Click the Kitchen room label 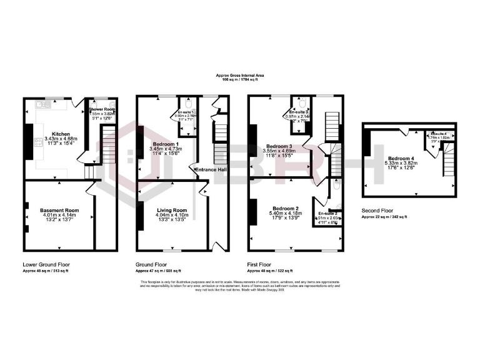pos(61,134)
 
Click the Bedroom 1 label pos(167,144)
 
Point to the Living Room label pos(171,211)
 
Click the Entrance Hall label pos(210,169)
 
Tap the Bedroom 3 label pos(280,146)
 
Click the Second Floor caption pos(379,211)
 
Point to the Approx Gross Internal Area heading pos(240,76)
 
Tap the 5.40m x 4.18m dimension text pos(285,213)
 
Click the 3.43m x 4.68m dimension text pos(61,139)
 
